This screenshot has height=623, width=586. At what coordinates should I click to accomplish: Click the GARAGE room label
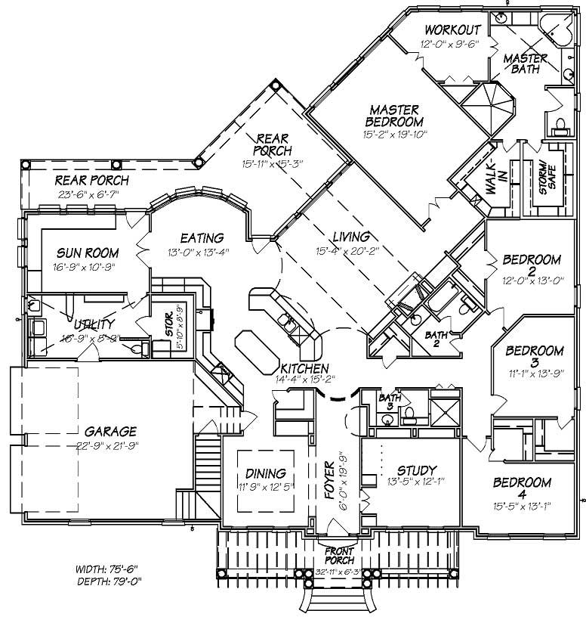coord(111,432)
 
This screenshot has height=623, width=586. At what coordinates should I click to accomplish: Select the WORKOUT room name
coord(453,29)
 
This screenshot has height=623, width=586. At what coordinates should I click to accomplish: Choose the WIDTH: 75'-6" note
coord(108,569)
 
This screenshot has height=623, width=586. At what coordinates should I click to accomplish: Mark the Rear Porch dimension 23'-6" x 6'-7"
coord(91,194)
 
